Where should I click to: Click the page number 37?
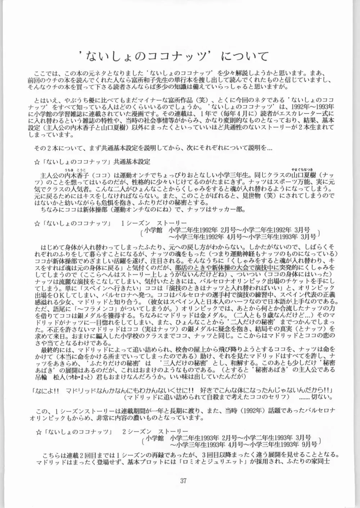[184, 481]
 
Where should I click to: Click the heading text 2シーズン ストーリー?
[153, 431]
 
